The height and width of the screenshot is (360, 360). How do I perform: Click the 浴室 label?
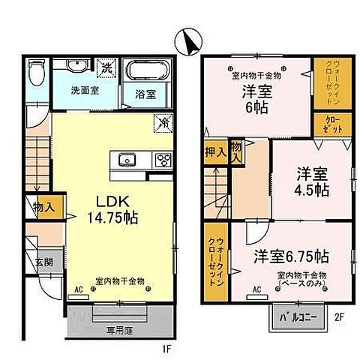(145, 94)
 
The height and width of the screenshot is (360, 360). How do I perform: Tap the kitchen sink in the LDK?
(126, 159)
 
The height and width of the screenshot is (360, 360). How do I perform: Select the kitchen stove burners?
(162, 159)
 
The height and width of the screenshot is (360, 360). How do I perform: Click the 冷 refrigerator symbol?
(161, 120)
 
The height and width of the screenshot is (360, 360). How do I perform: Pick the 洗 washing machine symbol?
(107, 69)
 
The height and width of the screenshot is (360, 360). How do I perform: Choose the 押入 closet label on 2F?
(214, 153)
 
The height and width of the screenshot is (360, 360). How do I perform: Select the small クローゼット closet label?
(333, 124)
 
